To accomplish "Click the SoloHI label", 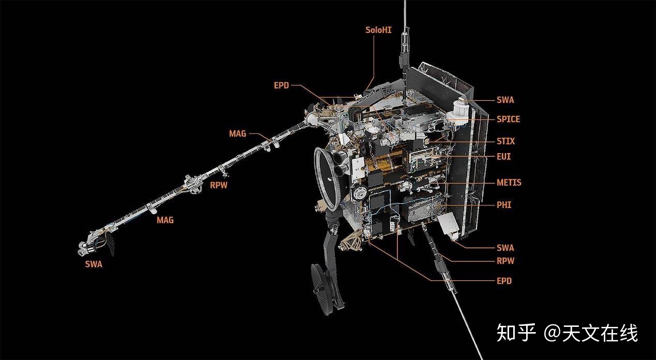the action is (x=378, y=30).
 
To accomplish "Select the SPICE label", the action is (x=509, y=119).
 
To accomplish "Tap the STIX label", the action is (x=506, y=141).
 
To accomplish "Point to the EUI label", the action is (x=504, y=157).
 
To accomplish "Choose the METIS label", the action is (x=509, y=183).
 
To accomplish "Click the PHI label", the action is (x=504, y=205).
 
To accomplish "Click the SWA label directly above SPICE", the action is (x=505, y=100).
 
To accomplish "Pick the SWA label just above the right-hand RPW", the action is (x=505, y=248).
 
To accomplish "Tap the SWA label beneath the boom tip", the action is (x=94, y=264).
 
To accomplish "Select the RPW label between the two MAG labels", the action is (x=219, y=185).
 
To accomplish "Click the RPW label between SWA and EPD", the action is (x=505, y=261).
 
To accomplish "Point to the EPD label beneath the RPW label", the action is (x=504, y=281).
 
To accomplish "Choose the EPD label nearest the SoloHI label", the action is (x=281, y=85).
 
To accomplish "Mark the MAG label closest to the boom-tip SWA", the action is (x=165, y=220).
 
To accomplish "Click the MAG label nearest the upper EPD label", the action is (x=237, y=134).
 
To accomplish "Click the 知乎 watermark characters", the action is (x=516, y=333).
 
